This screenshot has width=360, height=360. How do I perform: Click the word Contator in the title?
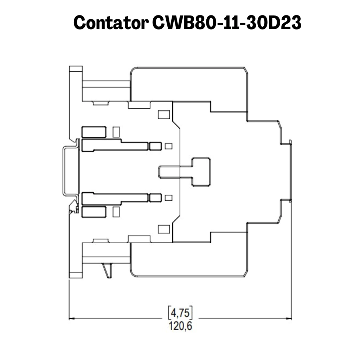[x=111, y=23]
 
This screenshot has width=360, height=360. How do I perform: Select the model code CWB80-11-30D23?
[x=227, y=23]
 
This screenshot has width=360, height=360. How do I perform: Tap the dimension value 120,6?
[x=180, y=326]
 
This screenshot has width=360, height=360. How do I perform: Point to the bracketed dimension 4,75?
[x=180, y=313]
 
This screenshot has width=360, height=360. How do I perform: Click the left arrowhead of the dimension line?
[x=72, y=319]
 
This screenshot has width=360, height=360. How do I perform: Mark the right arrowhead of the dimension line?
[x=289, y=319]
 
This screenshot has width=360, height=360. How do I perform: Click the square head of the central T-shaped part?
[x=201, y=172]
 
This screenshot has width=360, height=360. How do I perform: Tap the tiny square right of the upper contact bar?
[x=168, y=146]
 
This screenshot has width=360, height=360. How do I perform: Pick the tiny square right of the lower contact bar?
[x=168, y=198]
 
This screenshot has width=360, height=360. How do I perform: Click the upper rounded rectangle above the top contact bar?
[x=94, y=132]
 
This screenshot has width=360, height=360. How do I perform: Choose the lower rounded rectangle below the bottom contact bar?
[x=94, y=212]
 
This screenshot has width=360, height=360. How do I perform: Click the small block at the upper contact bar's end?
[x=155, y=146]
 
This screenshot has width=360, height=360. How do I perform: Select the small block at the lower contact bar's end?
[x=155, y=198]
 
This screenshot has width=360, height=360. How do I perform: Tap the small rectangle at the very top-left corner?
[x=76, y=69]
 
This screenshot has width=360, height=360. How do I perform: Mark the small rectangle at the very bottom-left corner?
[x=76, y=275]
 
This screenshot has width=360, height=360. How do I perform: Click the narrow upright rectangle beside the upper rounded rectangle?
[x=116, y=132]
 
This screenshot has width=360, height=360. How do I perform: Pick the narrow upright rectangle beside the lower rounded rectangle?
[x=116, y=212]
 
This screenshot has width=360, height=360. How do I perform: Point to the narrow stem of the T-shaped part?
[x=175, y=172]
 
